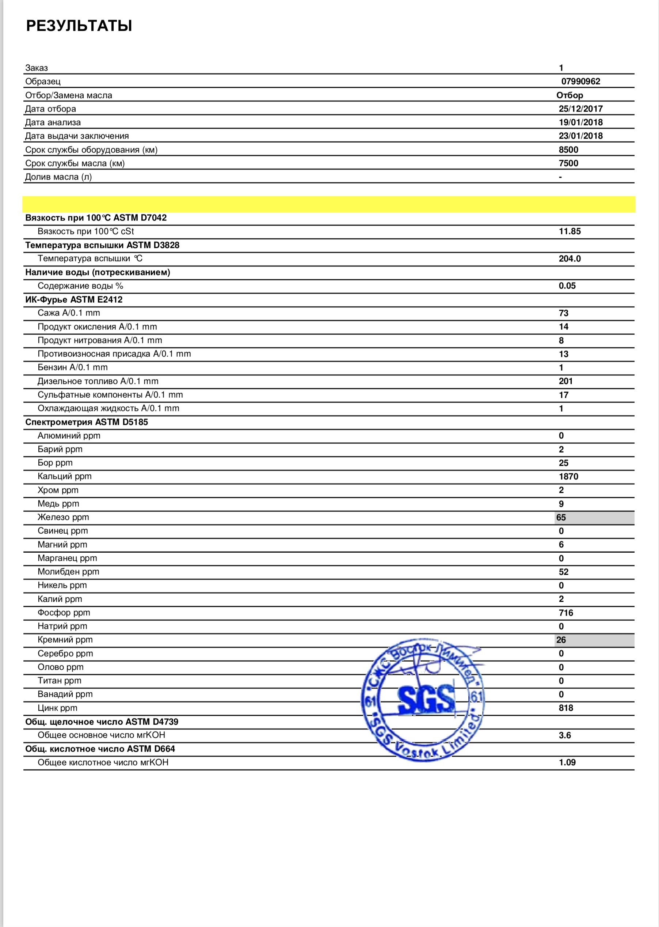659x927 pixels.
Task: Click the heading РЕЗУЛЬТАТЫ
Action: coord(79,26)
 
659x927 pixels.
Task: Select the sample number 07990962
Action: coord(580,81)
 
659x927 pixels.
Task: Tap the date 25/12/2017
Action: coord(580,109)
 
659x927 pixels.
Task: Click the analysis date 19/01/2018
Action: coord(580,122)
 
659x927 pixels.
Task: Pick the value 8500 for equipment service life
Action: coord(568,150)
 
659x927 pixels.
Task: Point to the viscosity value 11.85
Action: coord(570,231)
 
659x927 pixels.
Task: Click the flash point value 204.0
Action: coord(570,259)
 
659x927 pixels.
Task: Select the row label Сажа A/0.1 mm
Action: coord(69,313)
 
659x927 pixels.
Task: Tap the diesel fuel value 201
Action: coord(565,381)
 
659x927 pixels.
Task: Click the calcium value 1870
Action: coord(568,476)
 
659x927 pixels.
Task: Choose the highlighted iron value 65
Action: coord(561,517)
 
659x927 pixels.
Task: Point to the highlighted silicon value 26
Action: coord(561,640)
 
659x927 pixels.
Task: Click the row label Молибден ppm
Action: coord(68,572)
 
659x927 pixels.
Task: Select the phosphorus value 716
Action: coord(566,613)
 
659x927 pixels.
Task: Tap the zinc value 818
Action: coord(566,708)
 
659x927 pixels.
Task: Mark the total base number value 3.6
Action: coord(564,735)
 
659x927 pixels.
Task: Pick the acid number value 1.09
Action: coord(567,763)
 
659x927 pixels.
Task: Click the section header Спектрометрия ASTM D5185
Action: coord(87,422)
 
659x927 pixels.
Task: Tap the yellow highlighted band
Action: coord(329,204)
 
